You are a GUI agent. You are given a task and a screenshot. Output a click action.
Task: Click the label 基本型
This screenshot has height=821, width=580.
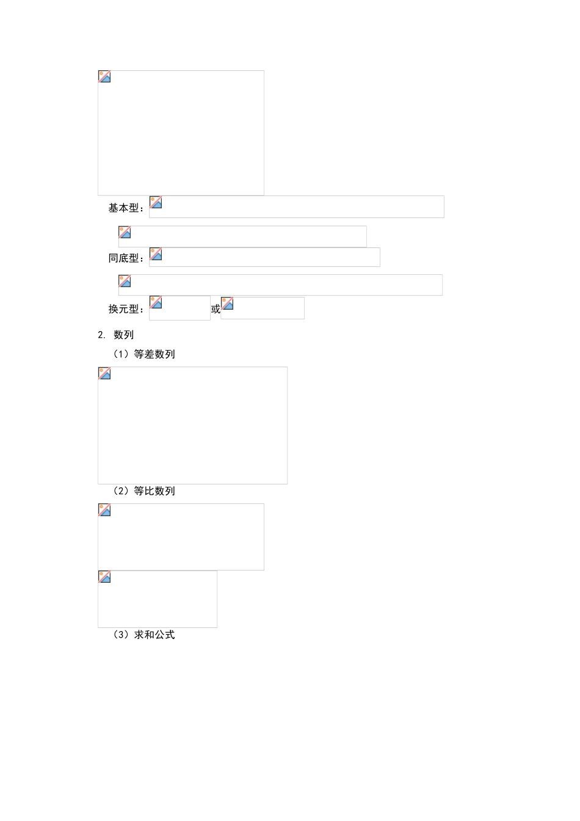(125, 208)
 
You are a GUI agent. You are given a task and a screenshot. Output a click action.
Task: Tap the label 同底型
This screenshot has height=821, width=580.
(125, 258)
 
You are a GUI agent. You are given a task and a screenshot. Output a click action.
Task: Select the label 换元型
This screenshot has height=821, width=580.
(125, 309)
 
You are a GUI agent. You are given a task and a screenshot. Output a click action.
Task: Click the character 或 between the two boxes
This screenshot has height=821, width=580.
(216, 309)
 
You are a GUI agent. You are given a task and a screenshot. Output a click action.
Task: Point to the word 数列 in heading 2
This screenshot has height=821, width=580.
(123, 335)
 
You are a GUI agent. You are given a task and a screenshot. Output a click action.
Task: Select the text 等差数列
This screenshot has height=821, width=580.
(154, 354)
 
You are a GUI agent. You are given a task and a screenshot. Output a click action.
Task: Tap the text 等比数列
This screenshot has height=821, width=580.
(154, 491)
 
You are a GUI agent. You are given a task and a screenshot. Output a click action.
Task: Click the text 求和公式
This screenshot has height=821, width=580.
(154, 635)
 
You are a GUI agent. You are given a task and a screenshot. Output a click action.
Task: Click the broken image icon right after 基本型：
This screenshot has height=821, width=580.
(156, 202)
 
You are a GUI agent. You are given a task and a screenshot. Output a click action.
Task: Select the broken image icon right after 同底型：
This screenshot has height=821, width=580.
(156, 254)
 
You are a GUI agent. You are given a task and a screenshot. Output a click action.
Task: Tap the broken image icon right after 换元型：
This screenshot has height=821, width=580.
(156, 302)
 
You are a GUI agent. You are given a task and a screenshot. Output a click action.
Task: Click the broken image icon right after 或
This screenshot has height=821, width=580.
(228, 304)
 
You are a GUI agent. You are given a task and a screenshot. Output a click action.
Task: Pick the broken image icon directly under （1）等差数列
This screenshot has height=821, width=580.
(104, 373)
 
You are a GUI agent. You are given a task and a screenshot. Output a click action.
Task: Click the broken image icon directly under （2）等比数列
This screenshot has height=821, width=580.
(104, 510)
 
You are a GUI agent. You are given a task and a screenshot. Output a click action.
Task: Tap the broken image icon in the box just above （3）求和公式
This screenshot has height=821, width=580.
(104, 577)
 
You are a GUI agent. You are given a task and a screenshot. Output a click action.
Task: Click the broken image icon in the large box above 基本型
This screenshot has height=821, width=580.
(104, 77)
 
